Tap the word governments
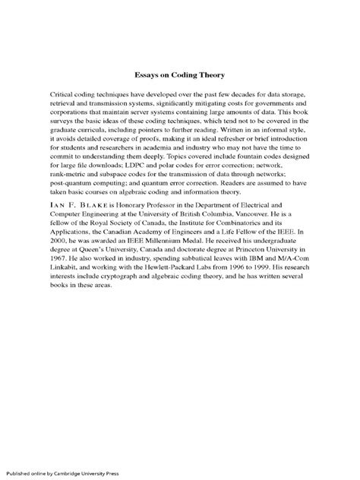click(x=267, y=101)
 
